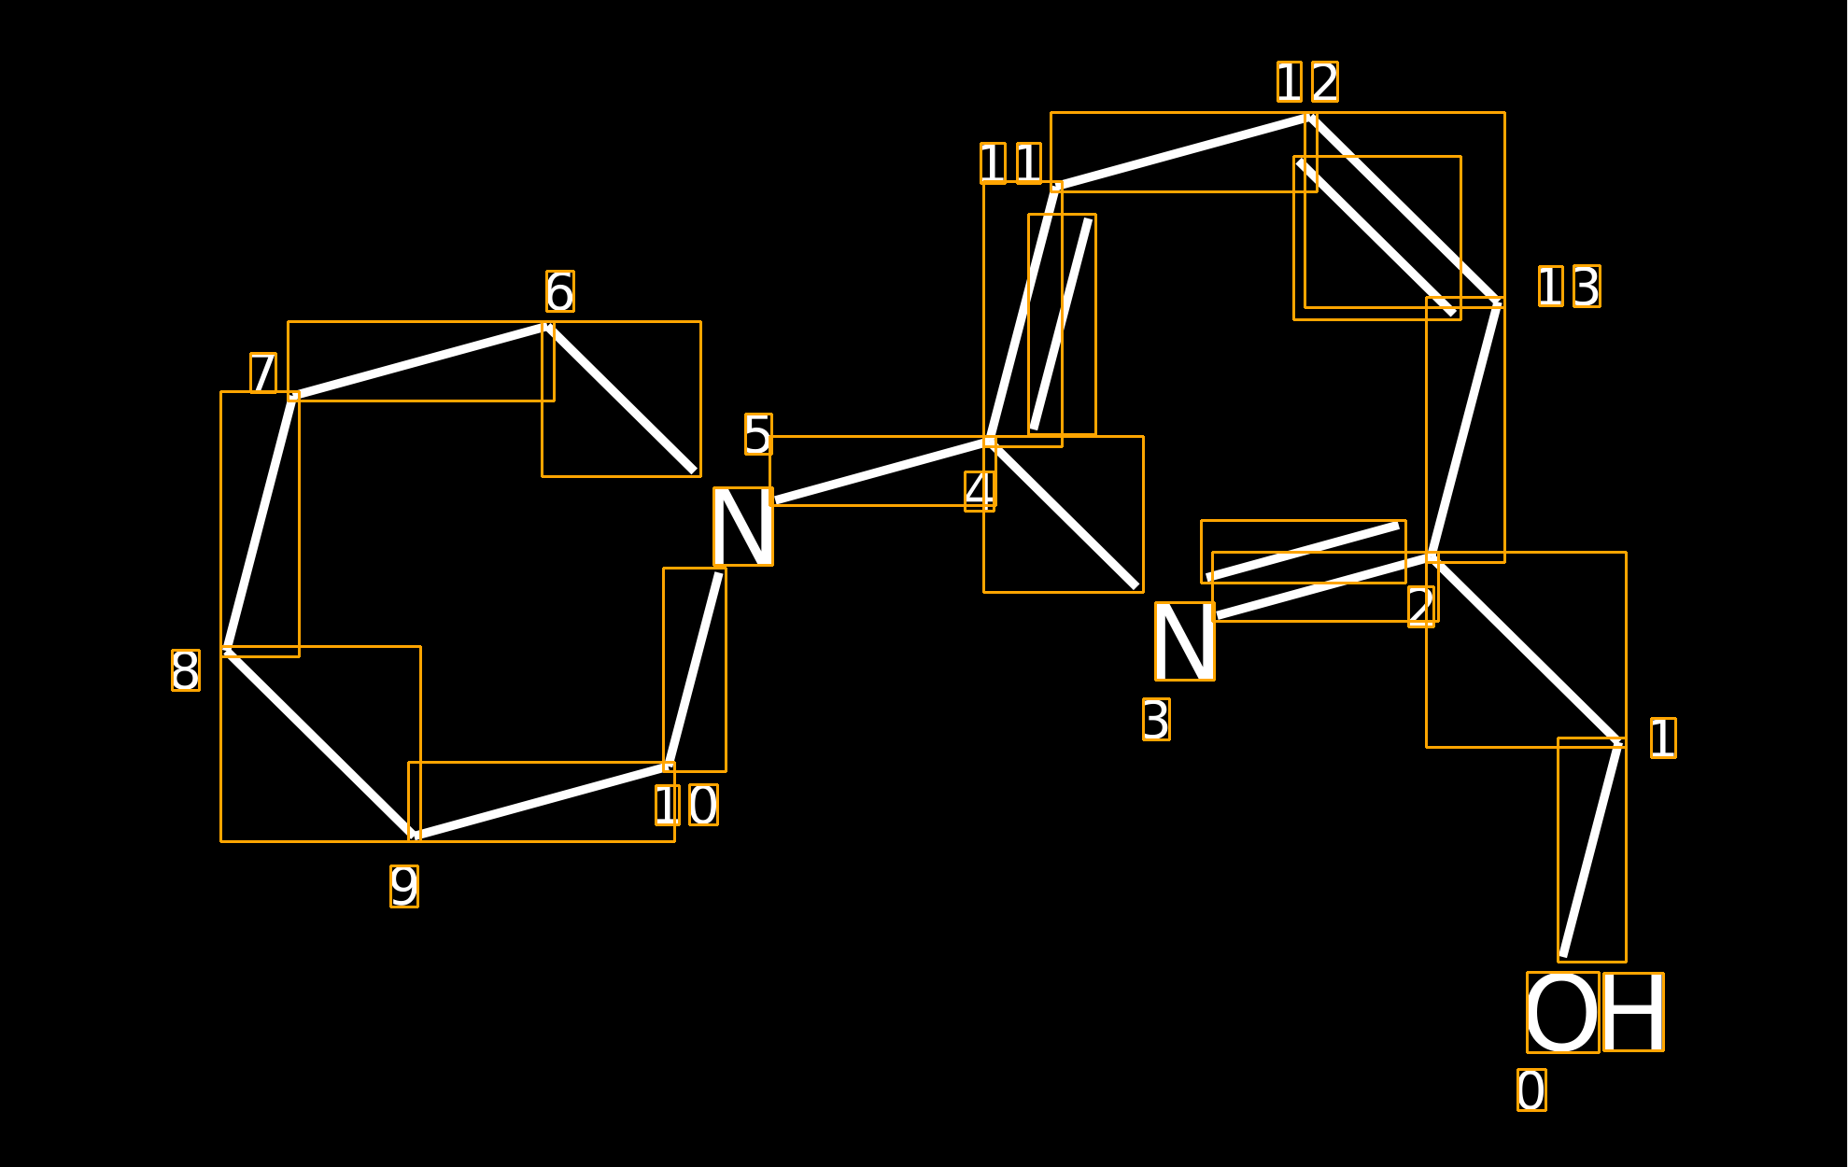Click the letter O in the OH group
coord(1562,1012)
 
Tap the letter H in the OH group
coord(1633,1012)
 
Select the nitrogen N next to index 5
coord(743,527)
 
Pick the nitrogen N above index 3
coord(1185,641)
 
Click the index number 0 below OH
coord(1531,1090)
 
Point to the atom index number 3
coord(1156,720)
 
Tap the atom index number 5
coord(758,434)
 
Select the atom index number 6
coord(560,291)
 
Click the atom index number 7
coord(263,373)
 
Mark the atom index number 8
coord(186,670)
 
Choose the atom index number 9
coord(404,886)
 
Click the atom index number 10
coord(686,805)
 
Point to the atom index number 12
coord(1307,82)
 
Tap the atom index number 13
coord(1569,286)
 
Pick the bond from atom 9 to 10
coord(542,801)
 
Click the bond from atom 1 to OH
coord(1592,850)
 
